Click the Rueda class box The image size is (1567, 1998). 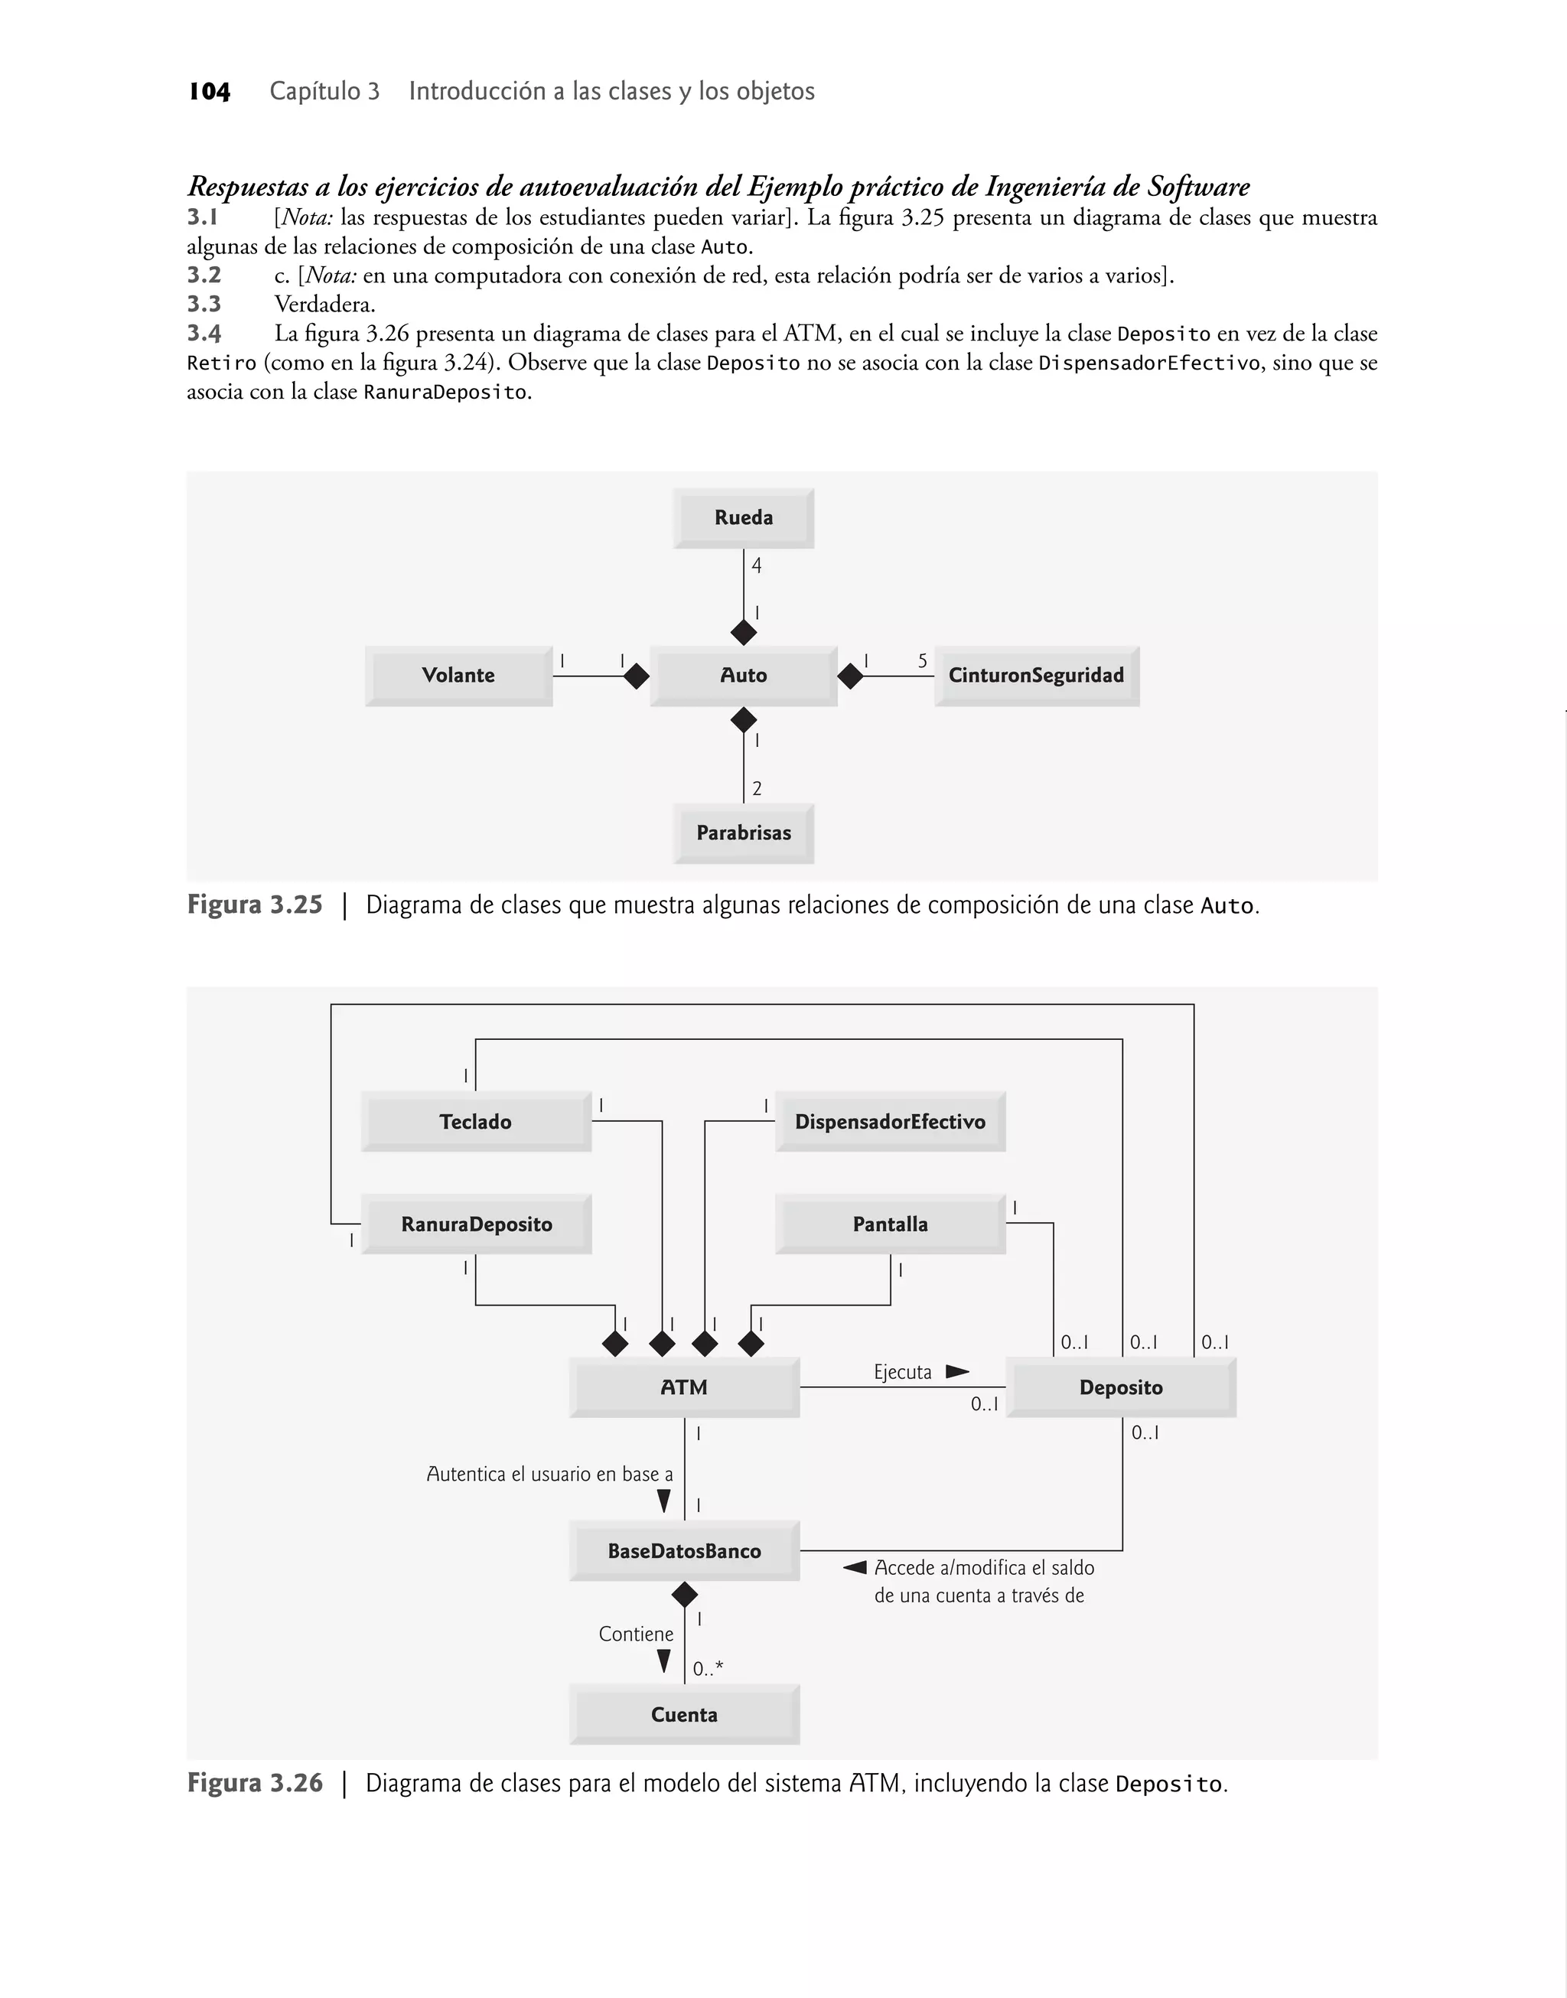pyautogui.click(x=743, y=517)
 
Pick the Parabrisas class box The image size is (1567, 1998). pyautogui.click(x=743, y=833)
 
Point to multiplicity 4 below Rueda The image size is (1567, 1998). pyautogui.click(x=756, y=566)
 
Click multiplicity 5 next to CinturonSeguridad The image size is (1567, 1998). pyautogui.click(x=922, y=660)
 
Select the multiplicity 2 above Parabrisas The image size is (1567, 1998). pyautogui.click(x=756, y=788)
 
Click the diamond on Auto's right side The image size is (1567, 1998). pyautogui.click(x=851, y=676)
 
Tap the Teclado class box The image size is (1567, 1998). pyautogui.click(x=475, y=1121)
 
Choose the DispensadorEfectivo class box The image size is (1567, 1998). pyautogui.click(x=890, y=1121)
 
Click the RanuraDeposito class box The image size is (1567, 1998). pyautogui.click(x=476, y=1224)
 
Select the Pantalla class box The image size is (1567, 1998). pyautogui.click(x=890, y=1224)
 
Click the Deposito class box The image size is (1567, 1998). pyautogui.click(x=1120, y=1387)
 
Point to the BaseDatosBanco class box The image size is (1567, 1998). pyautogui.click(x=685, y=1550)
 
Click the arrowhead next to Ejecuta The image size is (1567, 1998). pyautogui.click(x=957, y=1371)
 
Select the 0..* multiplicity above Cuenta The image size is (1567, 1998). pyautogui.click(x=707, y=1669)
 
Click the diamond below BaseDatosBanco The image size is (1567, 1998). pyautogui.click(x=685, y=1595)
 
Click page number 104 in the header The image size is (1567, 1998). pyautogui.click(x=209, y=91)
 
